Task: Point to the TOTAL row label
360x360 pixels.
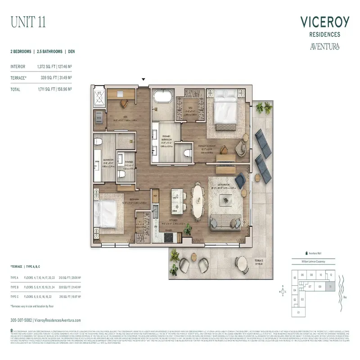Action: click(x=15, y=90)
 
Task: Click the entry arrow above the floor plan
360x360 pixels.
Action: click(x=144, y=79)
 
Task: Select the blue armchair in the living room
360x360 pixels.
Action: click(x=240, y=180)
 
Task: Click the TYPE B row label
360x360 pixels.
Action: click(x=15, y=287)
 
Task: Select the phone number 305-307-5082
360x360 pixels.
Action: click(x=21, y=320)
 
